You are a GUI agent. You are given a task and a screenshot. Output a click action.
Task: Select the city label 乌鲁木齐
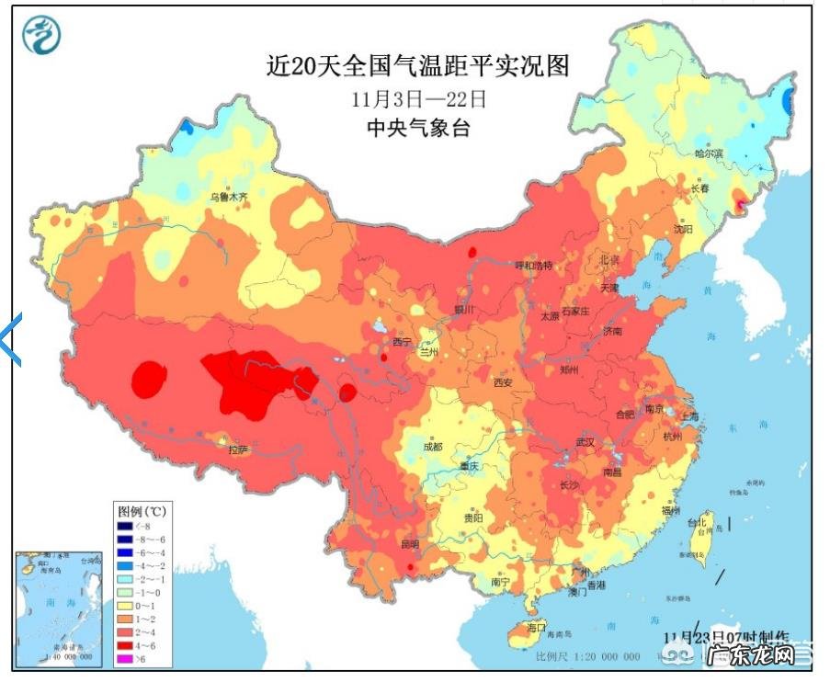pyautogui.click(x=228, y=196)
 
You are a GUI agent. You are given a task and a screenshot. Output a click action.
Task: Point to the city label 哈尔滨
pyautogui.click(x=709, y=153)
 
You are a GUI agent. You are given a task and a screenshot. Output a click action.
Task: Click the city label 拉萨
pyautogui.click(x=238, y=449)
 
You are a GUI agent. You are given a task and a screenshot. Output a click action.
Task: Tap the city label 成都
pyautogui.click(x=432, y=447)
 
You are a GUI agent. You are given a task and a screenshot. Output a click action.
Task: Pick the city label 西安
pyautogui.click(x=503, y=382)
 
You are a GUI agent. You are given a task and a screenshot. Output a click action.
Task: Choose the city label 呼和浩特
pyautogui.click(x=533, y=266)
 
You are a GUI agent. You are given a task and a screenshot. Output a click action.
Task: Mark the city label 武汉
pyautogui.click(x=585, y=443)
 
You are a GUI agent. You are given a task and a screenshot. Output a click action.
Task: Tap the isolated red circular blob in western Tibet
pyautogui.click(x=149, y=379)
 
